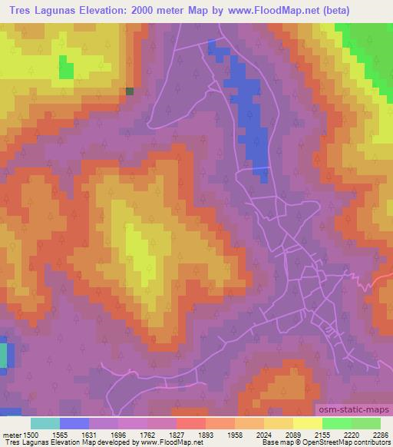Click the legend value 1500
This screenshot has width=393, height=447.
coord(31,435)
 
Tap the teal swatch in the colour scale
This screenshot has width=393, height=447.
coord(45,423)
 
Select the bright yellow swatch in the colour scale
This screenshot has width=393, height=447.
coord(308,423)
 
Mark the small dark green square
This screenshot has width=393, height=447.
coord(130,91)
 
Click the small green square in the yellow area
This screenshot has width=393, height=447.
coord(66,70)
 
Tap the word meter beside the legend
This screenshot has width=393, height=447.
coord(11,435)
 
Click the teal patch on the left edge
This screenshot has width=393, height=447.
coord(3,356)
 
